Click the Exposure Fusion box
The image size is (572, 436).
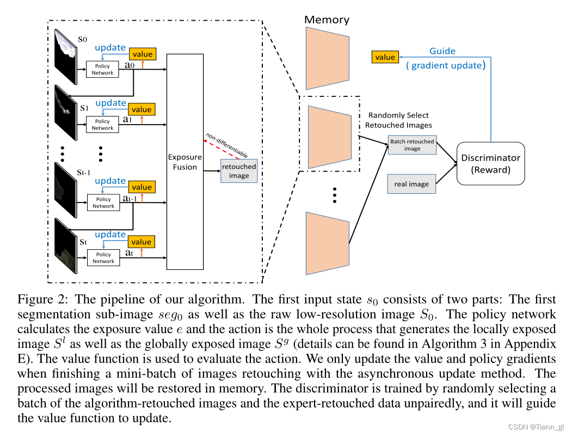[185, 162]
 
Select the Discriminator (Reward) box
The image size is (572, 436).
[490, 163]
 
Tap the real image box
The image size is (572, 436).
[411, 184]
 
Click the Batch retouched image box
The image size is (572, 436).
[412, 145]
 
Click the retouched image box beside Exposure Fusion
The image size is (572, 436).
[238, 171]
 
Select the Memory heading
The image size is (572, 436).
[327, 20]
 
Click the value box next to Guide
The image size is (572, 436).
[385, 57]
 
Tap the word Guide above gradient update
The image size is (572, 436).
[442, 51]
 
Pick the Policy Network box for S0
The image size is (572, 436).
[102, 69]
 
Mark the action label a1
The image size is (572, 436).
[127, 119]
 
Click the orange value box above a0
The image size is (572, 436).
[142, 54]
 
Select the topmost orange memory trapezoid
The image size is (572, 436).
[327, 58]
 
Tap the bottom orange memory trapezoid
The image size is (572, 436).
[327, 243]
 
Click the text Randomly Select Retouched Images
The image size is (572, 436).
[399, 120]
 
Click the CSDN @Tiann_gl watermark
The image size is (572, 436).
[536, 427]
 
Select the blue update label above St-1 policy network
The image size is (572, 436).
[110, 181]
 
